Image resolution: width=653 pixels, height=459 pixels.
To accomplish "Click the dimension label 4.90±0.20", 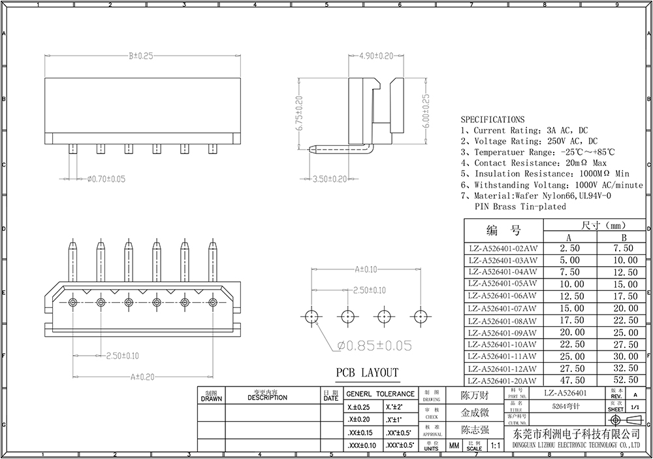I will pyautogui.click(x=376, y=56).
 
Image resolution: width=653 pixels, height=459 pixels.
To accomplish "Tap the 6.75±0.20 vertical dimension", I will pyautogui.click(x=300, y=114).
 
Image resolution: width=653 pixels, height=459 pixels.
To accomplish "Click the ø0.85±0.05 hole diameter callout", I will pyautogui.click(x=375, y=345).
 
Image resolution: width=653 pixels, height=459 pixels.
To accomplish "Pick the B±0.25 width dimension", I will pyautogui.click(x=140, y=56).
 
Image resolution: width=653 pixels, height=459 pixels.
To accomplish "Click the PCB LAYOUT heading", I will pyautogui.click(x=366, y=373).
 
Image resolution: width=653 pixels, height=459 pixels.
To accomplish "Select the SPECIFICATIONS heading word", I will pyautogui.click(x=492, y=120).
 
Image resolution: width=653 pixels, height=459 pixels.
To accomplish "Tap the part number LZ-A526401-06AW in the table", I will pyautogui.click(x=503, y=296).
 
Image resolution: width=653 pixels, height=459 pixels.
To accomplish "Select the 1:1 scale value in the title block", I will pyautogui.click(x=494, y=446).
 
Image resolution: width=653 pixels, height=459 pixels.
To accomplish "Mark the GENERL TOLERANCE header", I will pyautogui.click(x=379, y=394).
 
